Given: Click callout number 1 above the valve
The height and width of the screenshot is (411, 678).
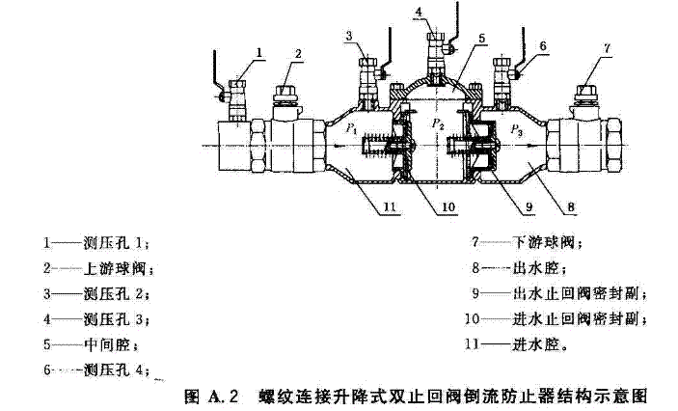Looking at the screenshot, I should (x=260, y=50).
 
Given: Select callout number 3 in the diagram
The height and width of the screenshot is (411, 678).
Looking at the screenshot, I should (x=353, y=37).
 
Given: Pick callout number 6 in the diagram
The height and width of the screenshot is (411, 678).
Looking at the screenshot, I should (x=542, y=45).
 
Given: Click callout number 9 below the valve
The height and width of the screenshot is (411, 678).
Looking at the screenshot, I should (x=529, y=205).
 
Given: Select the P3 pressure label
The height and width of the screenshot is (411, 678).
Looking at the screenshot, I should (x=517, y=126).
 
